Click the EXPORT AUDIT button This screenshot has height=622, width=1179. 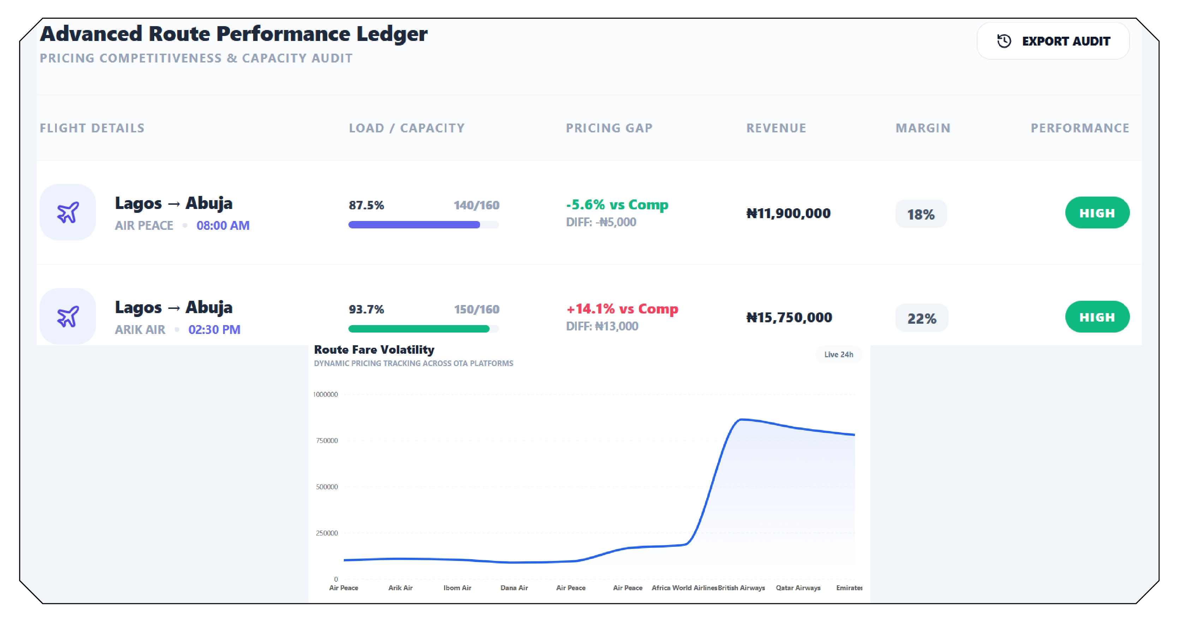(x=1053, y=41)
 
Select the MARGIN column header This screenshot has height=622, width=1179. (x=923, y=128)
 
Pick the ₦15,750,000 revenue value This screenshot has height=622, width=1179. (x=789, y=318)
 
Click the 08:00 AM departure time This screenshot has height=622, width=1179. (x=223, y=226)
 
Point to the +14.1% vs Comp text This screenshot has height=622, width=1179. (x=622, y=309)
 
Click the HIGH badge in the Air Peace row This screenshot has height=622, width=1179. (x=1097, y=213)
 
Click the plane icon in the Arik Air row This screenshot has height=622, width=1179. (x=68, y=317)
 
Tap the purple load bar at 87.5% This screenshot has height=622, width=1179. (x=414, y=225)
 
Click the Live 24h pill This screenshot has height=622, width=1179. (x=838, y=355)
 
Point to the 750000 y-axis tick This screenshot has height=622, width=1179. (x=327, y=441)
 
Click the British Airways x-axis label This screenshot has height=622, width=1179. (x=741, y=588)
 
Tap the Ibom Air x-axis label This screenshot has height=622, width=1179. (x=457, y=588)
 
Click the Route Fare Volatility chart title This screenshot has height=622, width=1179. (x=374, y=350)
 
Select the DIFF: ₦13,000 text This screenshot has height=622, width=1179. (x=602, y=326)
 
